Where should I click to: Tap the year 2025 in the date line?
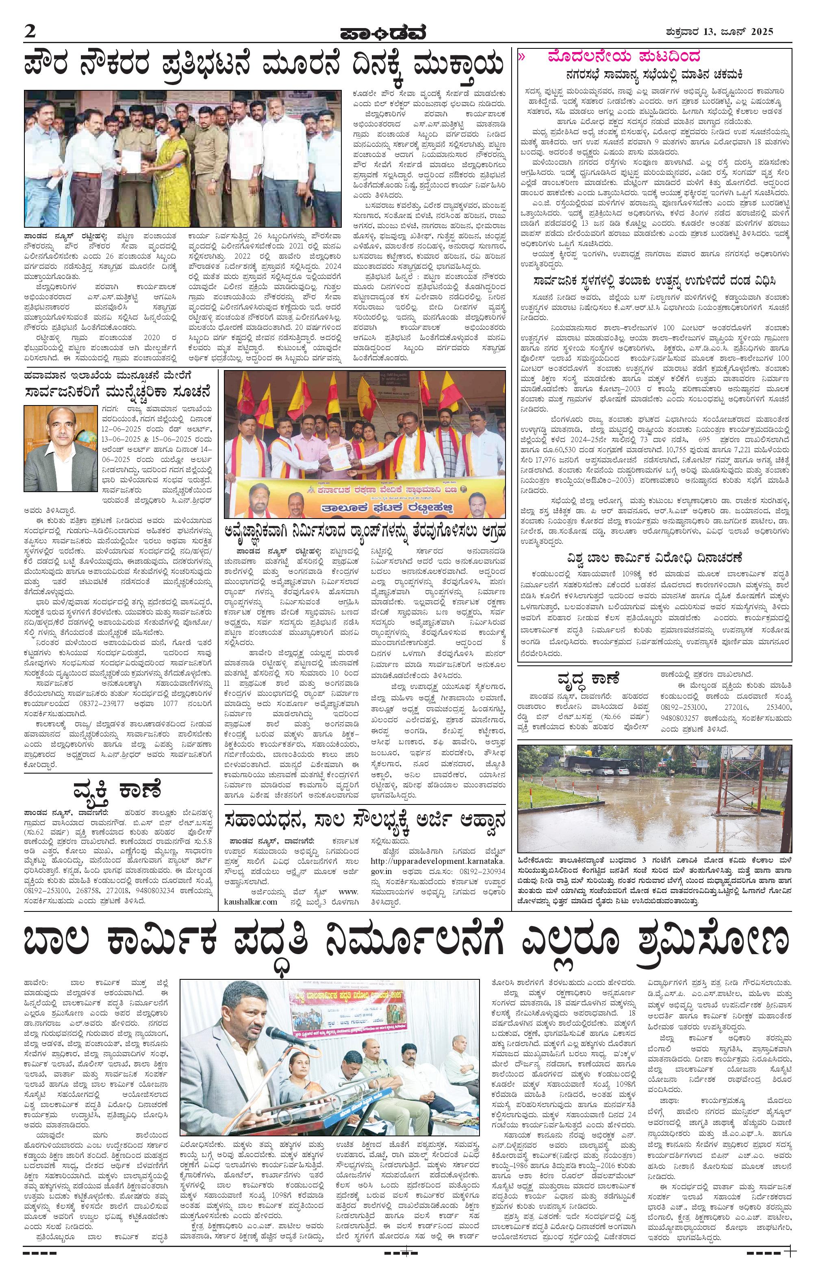pyautogui.click(x=759, y=31)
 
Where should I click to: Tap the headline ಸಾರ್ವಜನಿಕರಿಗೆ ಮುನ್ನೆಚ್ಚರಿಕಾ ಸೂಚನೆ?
pyautogui.click(x=118, y=392)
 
